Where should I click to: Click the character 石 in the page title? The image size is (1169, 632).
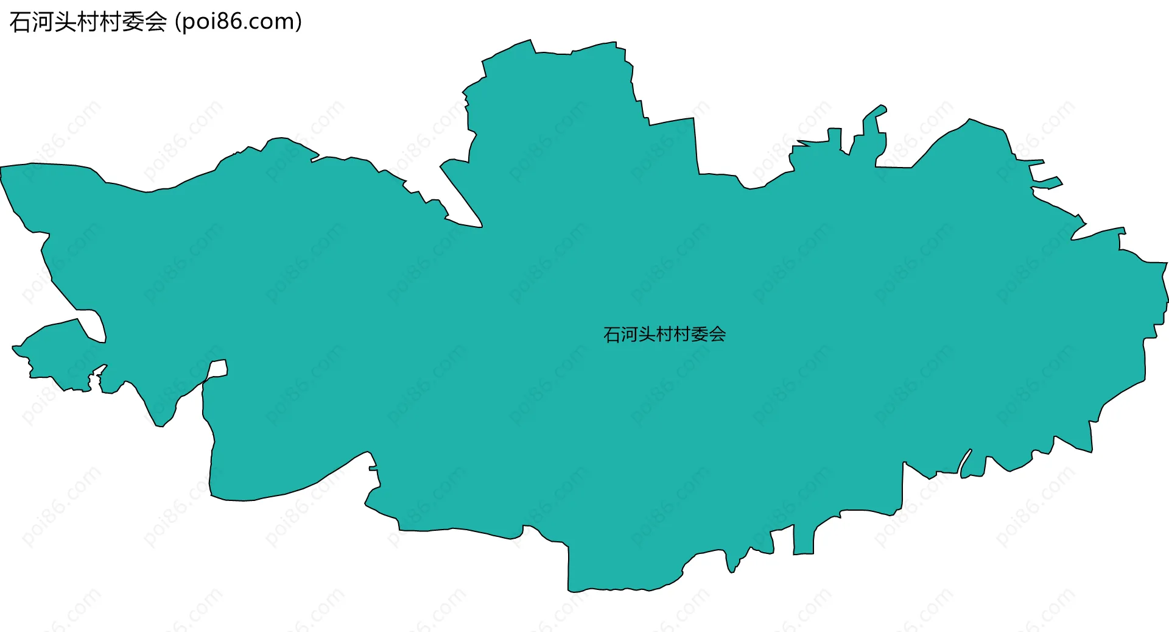[x=19, y=23]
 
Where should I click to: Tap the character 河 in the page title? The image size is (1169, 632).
[x=42, y=23]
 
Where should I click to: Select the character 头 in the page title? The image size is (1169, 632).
[x=65, y=23]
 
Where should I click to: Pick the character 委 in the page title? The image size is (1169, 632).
[x=133, y=23]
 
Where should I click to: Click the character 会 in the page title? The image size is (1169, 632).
[x=156, y=23]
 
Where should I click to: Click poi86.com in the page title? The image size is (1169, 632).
[x=238, y=23]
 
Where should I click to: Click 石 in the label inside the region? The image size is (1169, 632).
[x=612, y=335]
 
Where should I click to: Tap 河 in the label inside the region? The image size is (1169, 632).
[x=630, y=335]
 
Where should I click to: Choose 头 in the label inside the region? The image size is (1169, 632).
[x=647, y=335]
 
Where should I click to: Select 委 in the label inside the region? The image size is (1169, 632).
[x=700, y=335]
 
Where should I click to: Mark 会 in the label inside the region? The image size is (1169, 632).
[x=717, y=335]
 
